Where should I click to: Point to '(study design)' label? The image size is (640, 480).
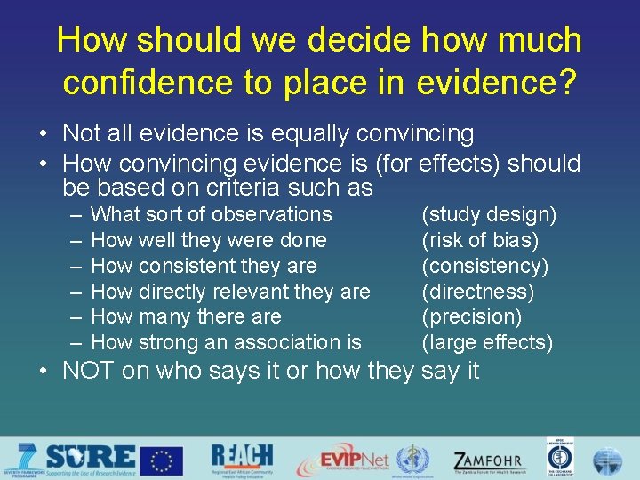(x=489, y=214)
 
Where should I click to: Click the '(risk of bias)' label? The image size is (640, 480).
(x=480, y=240)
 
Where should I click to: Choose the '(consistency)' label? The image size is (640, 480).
(x=484, y=266)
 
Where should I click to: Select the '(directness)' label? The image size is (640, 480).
(x=477, y=292)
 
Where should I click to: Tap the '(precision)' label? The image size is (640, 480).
(x=471, y=316)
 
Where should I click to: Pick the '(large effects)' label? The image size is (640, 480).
(x=487, y=342)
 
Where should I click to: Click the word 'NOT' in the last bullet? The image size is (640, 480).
(x=89, y=371)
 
